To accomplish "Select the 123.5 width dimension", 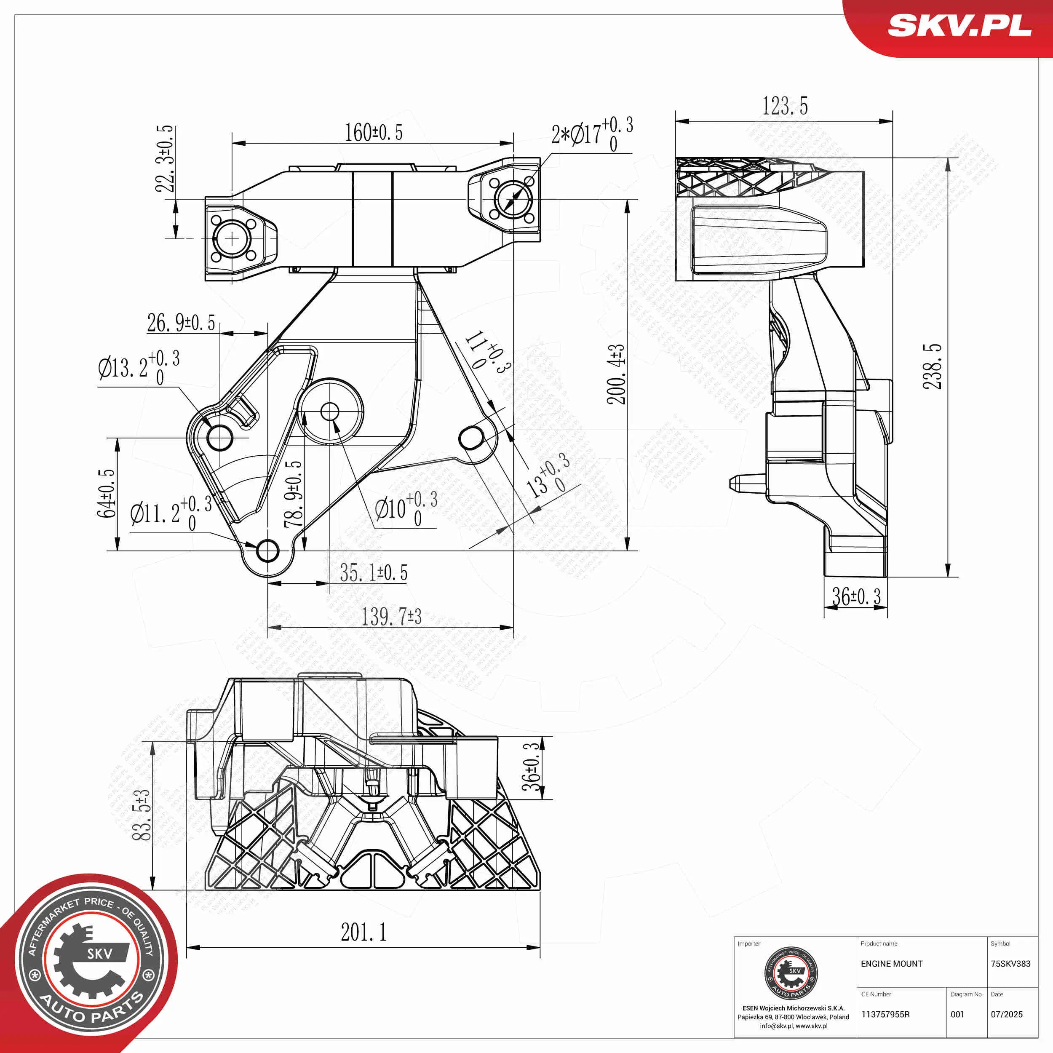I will coord(785,106).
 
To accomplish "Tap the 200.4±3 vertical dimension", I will coord(617,374).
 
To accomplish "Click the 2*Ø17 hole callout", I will coord(592,134).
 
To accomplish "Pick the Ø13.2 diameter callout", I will coord(139,367).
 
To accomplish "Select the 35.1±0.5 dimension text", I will coord(373,573).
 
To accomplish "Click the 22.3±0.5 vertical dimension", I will coord(165,159).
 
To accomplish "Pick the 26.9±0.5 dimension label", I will coord(181,323).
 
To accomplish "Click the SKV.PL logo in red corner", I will coord(959,26).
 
